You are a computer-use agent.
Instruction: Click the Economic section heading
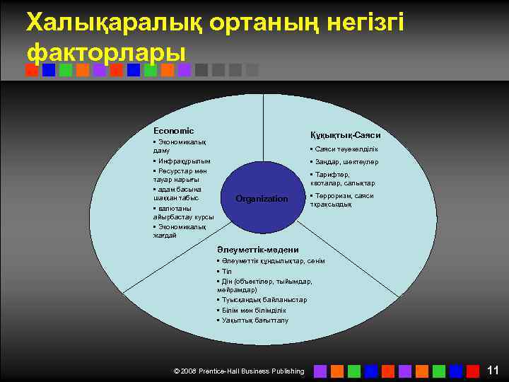(x=173, y=131)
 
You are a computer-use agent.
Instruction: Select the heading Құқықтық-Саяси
(x=345, y=135)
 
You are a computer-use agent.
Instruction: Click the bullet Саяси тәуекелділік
(x=344, y=149)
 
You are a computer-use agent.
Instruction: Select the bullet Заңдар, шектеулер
(x=344, y=162)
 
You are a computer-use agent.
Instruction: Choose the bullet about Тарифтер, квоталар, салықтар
(x=342, y=179)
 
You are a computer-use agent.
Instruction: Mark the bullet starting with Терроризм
(x=341, y=200)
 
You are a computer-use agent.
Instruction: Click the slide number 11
(x=493, y=370)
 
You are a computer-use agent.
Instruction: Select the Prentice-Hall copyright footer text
(x=239, y=371)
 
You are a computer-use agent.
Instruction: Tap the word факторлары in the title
(x=106, y=52)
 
